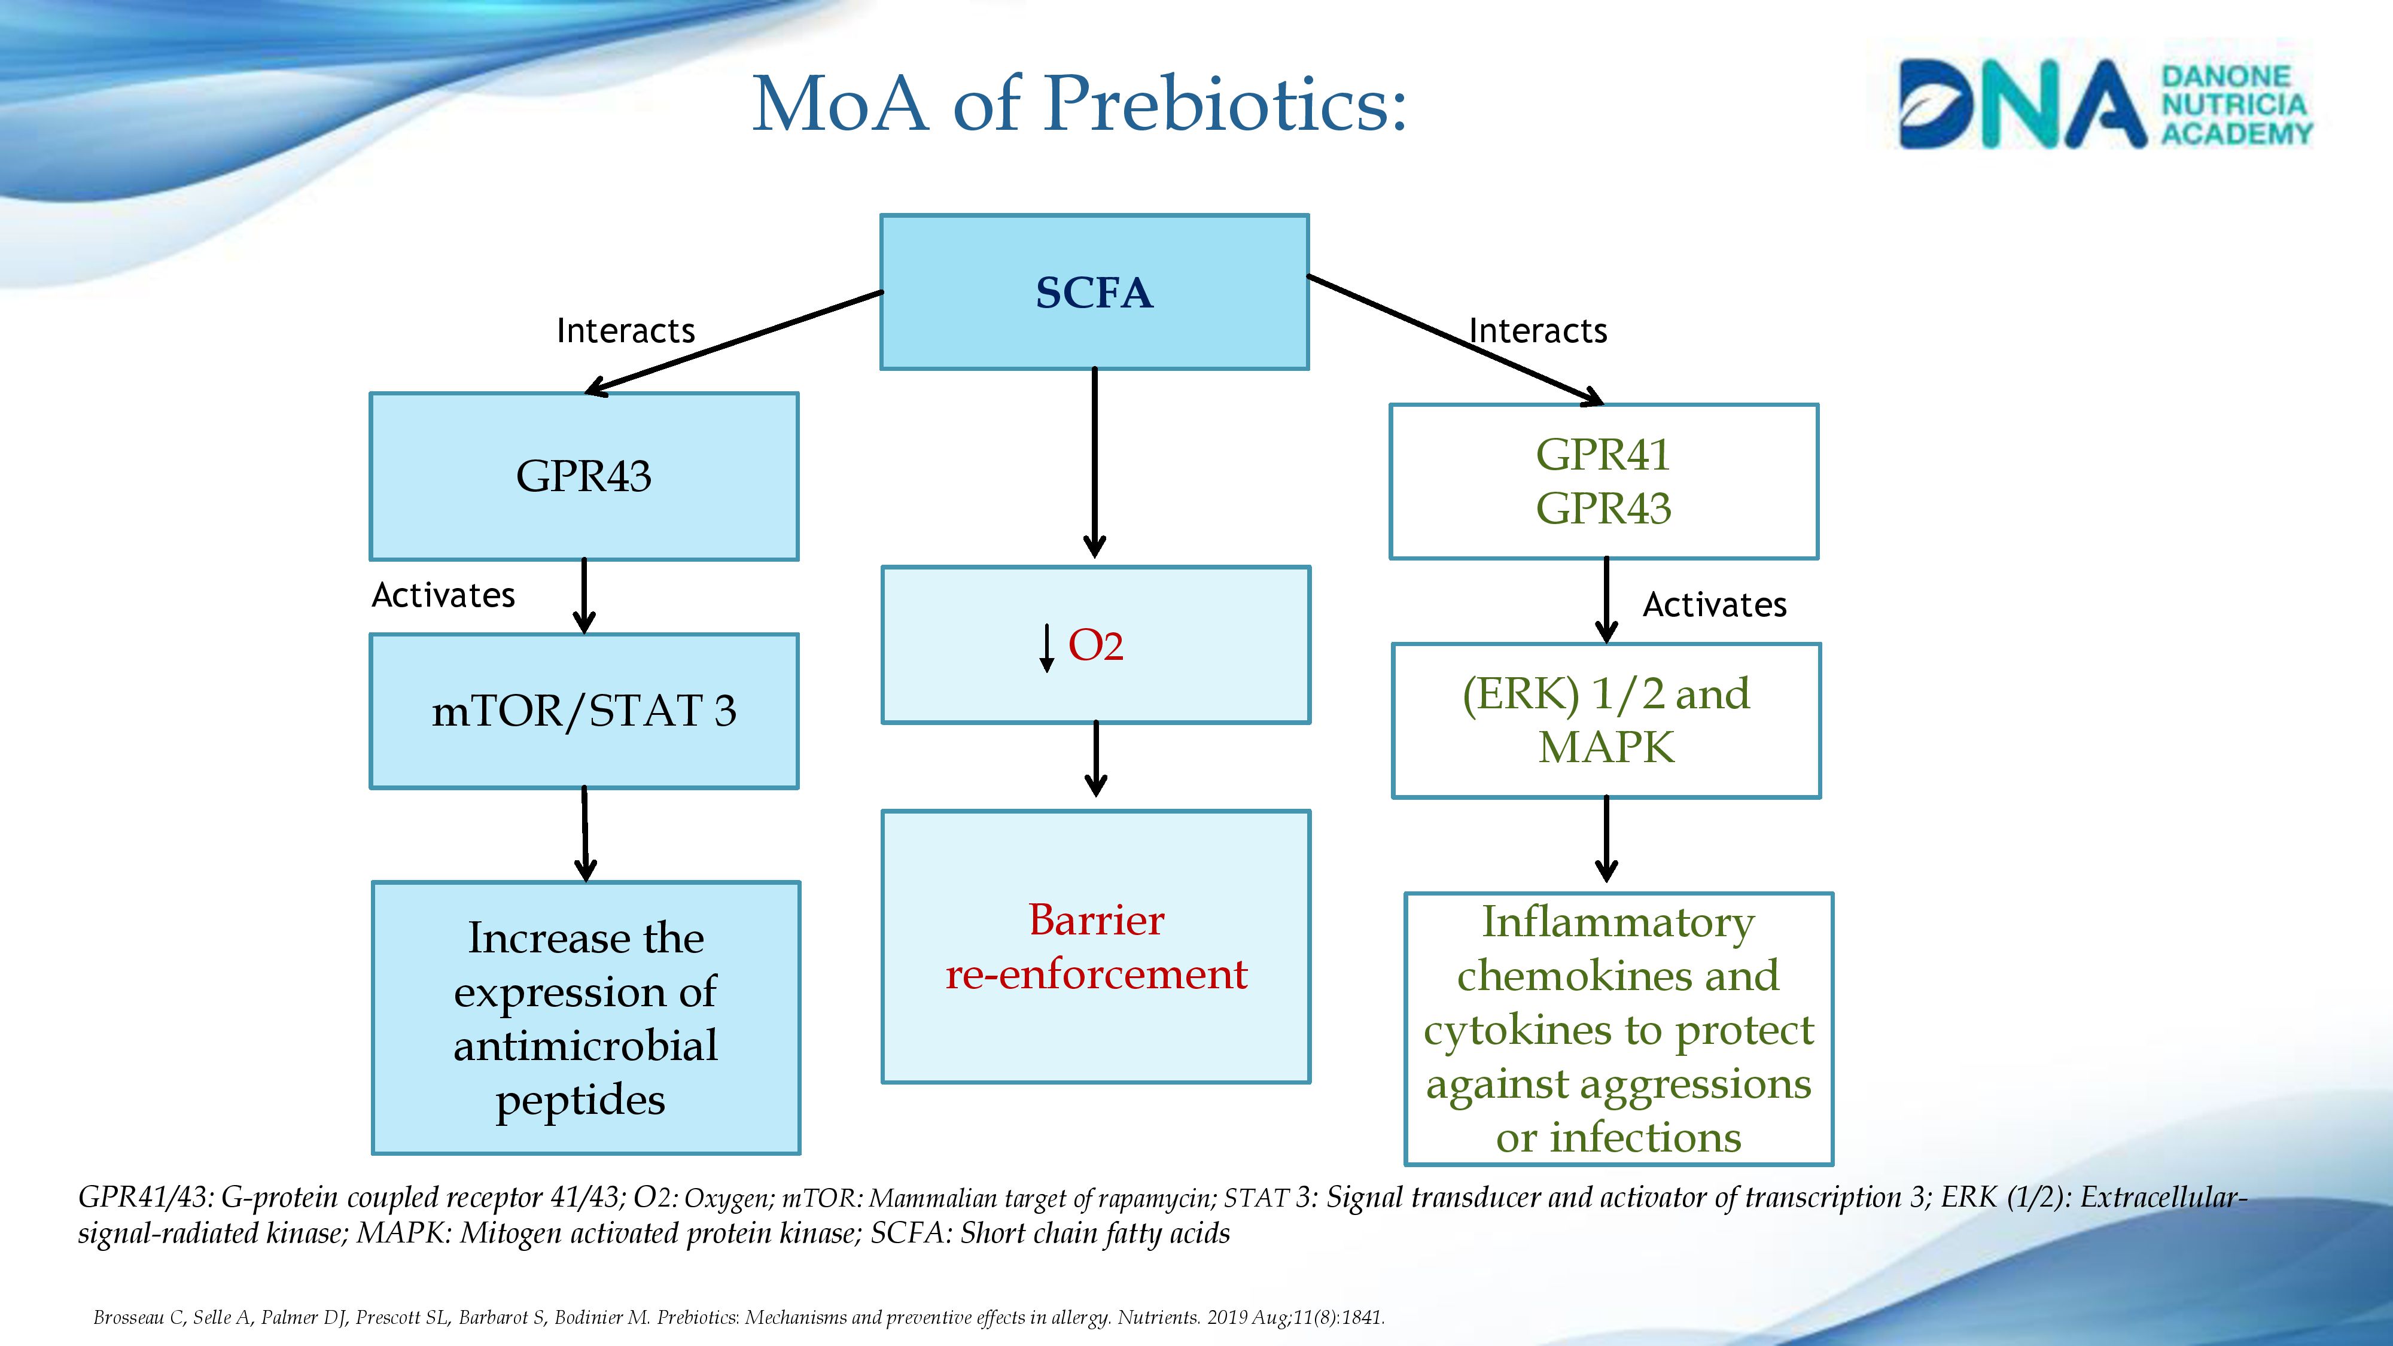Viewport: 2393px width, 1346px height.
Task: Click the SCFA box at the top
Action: click(x=1094, y=293)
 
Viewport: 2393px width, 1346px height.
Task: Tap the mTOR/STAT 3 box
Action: click(x=583, y=711)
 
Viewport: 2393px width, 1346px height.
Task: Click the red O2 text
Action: click(x=1096, y=645)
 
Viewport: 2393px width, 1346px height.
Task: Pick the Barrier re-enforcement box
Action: click(x=1096, y=946)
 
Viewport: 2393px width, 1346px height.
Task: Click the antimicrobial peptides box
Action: click(x=585, y=1018)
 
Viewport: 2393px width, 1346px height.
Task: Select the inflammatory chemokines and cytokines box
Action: click(x=1618, y=1029)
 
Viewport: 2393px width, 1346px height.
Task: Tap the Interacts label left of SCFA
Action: click(x=625, y=331)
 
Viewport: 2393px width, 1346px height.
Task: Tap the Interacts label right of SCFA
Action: click(x=1538, y=331)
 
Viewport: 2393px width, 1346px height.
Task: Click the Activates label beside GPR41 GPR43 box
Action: click(x=1714, y=605)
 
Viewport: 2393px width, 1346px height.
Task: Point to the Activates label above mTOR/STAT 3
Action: click(x=443, y=595)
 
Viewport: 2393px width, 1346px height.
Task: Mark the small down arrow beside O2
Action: click(x=1047, y=647)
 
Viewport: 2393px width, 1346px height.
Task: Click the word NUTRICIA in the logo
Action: click(x=2233, y=105)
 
